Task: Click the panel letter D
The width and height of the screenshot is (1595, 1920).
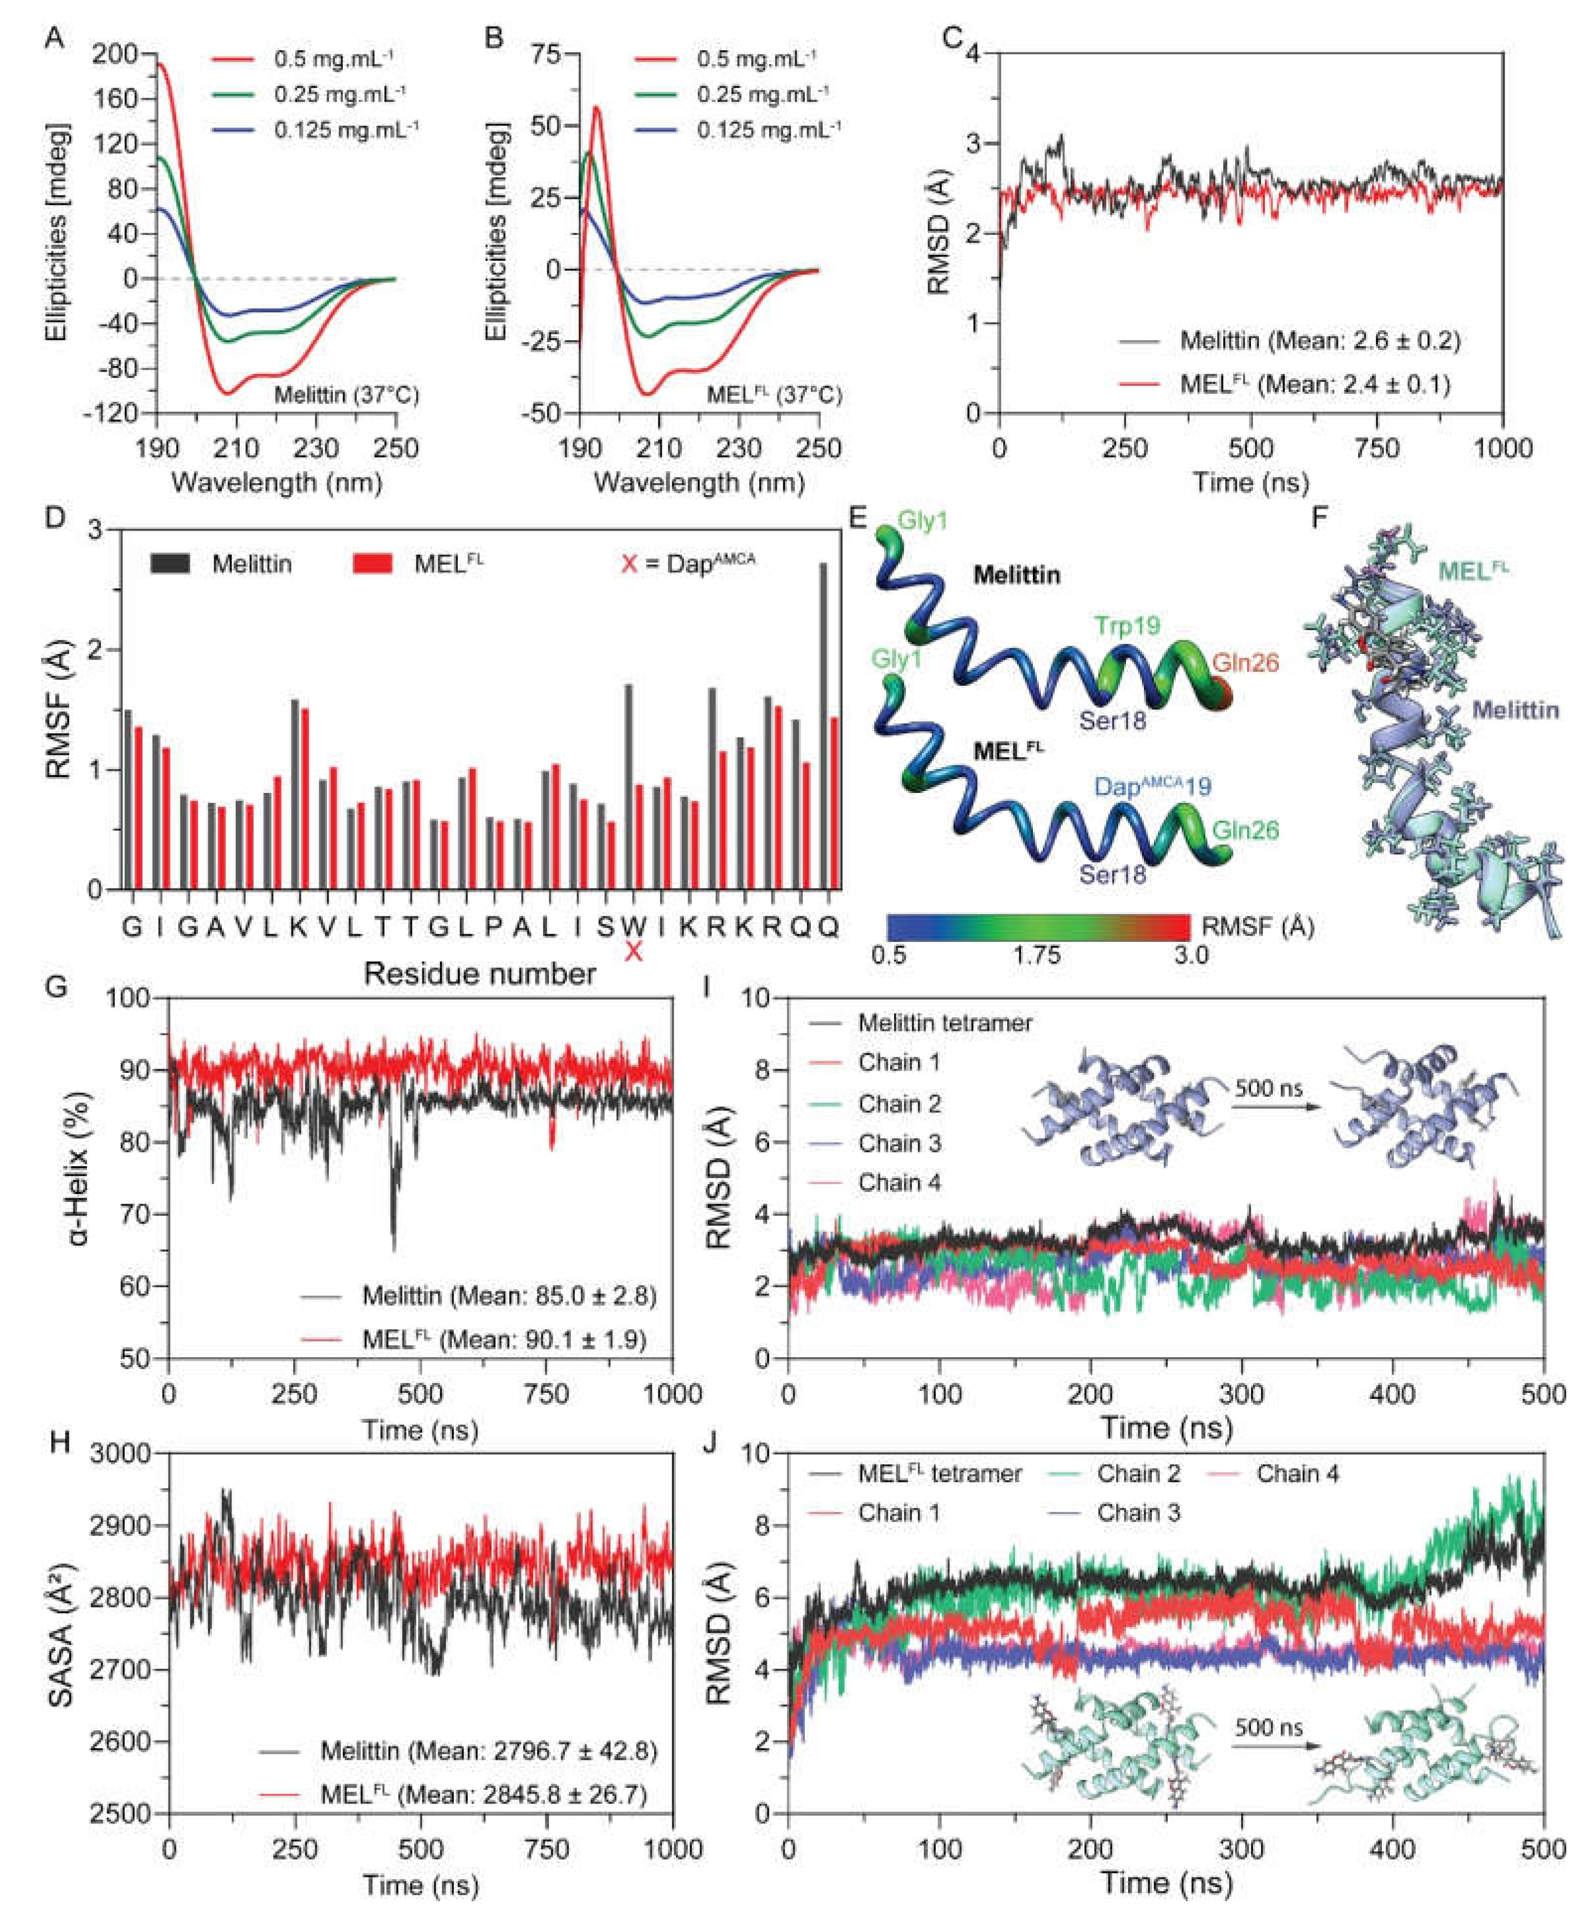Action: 57,518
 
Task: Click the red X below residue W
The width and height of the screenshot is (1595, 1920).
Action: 632,953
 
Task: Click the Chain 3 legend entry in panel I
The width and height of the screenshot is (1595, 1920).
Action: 900,1143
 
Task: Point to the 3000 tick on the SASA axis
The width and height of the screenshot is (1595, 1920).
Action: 126,1454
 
